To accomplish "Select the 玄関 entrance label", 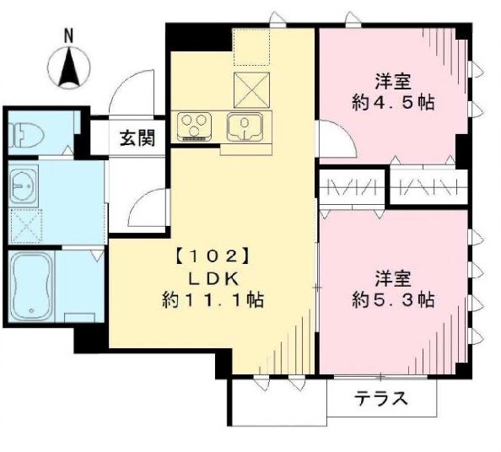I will pos(136,137).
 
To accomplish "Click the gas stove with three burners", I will pos(195,126).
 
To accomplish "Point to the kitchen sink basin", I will pos(245,127).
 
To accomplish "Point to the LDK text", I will pos(211,277).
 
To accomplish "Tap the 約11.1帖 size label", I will pos(211,299).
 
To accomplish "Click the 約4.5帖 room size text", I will pos(392,103).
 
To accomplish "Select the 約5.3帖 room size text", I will pos(392,299).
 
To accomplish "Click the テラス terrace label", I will pos(380,398).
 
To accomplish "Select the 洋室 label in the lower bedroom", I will pos(392,277).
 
